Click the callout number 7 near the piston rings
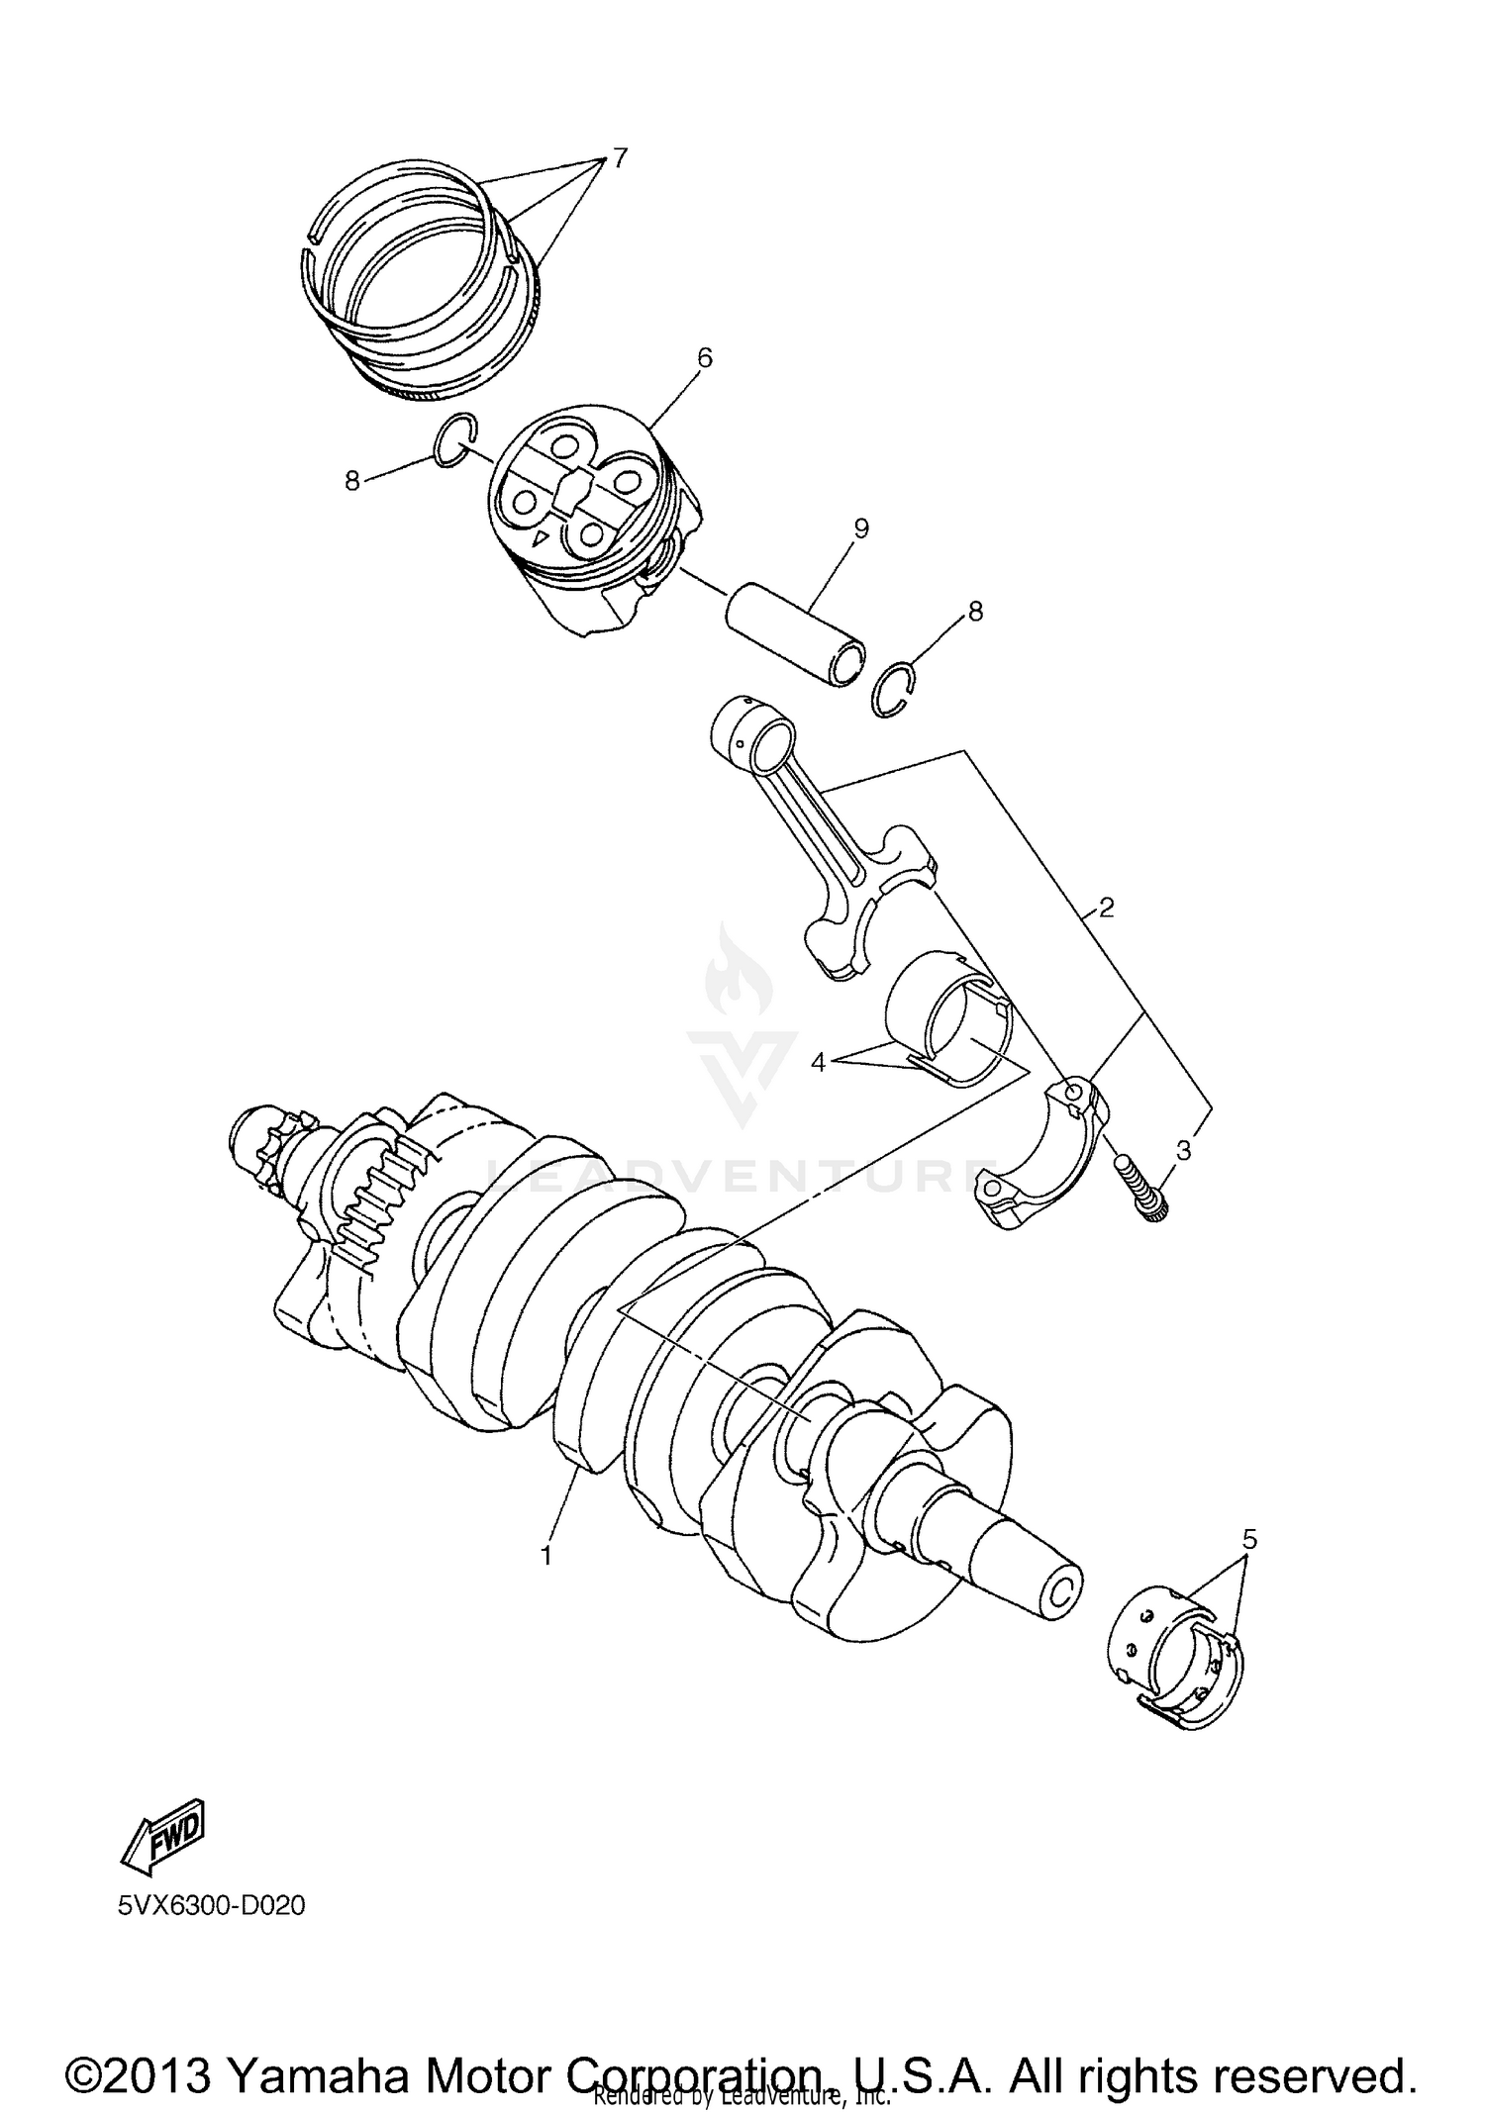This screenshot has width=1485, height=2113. point(619,158)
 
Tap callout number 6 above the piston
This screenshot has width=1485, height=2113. point(704,358)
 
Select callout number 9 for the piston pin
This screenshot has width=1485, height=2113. point(860,529)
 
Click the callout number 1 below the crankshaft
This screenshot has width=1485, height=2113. point(544,1555)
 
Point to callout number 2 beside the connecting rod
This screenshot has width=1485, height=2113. point(1106,907)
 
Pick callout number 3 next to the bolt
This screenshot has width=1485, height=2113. point(1184,1150)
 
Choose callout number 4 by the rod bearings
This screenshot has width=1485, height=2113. point(818,1062)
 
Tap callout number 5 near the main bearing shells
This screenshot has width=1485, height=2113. point(1249,1539)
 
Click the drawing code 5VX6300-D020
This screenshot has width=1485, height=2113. point(211,1906)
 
